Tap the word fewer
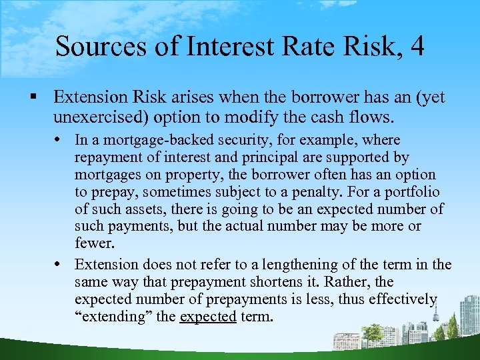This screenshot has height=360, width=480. tap(93, 244)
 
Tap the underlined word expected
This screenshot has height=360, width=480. tap(208, 315)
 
